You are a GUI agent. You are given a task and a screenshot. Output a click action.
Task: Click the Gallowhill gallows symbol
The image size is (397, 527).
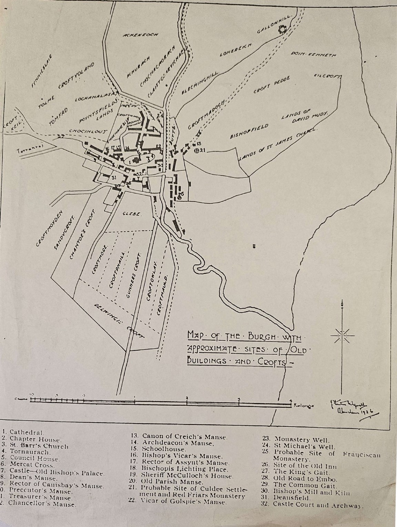(x=283, y=30)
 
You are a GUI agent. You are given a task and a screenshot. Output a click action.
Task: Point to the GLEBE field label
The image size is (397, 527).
(x=131, y=214)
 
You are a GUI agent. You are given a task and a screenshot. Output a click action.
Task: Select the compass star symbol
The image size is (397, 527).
(x=342, y=335)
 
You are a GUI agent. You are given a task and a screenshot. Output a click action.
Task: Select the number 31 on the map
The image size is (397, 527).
(x=114, y=177)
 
